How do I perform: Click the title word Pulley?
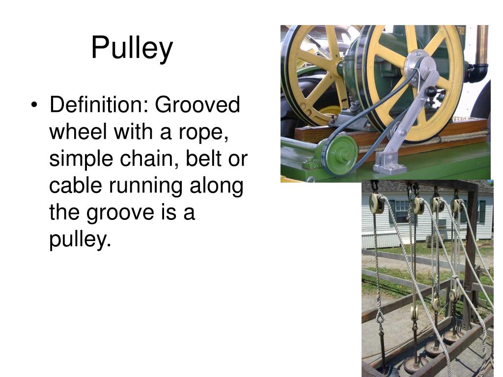pos(132,49)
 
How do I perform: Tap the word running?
pos(154,186)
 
